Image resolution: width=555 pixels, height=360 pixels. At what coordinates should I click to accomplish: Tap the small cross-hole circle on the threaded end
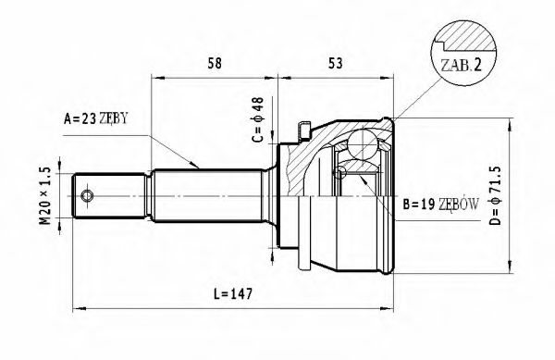88,196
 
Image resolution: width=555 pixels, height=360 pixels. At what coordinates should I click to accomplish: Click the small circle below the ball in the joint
342,171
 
